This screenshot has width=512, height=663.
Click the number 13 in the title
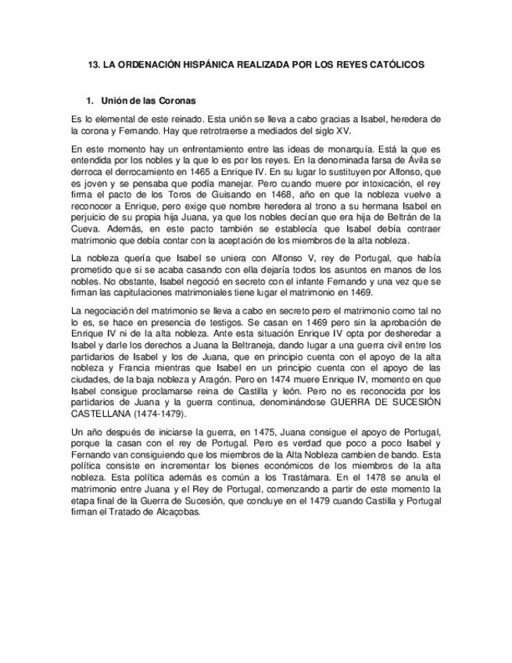[93, 66]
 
